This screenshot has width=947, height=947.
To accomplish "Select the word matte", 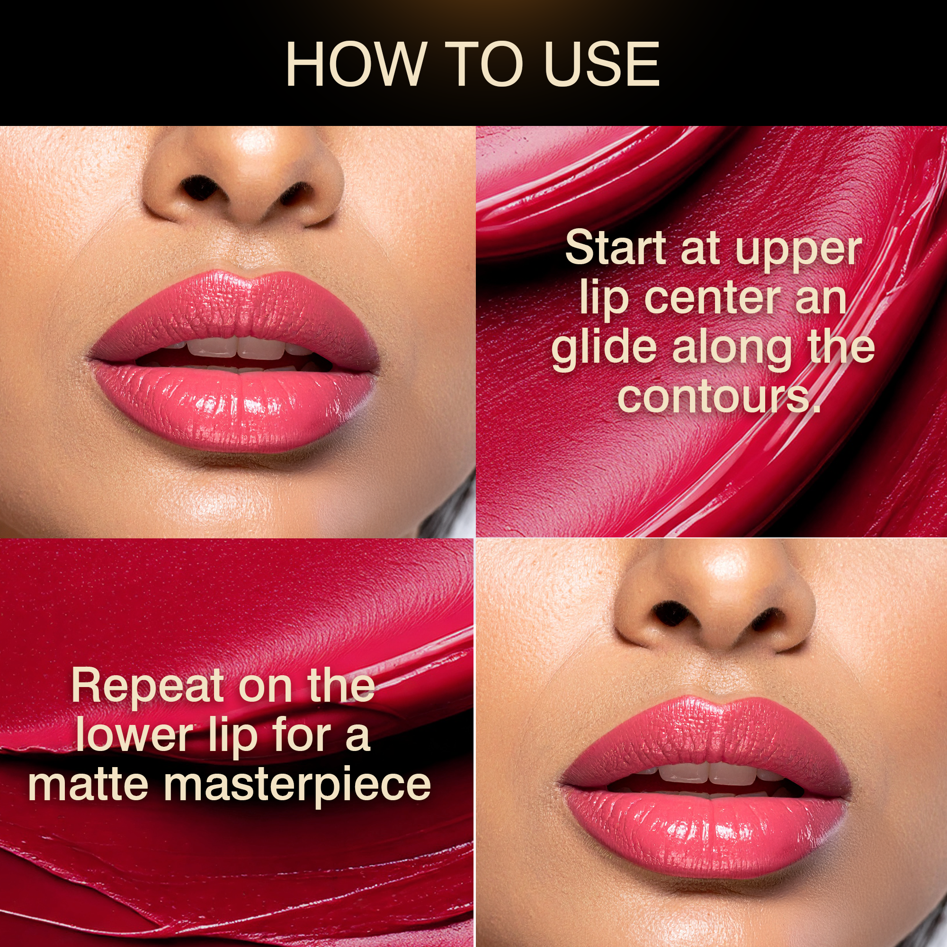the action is [89, 784].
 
